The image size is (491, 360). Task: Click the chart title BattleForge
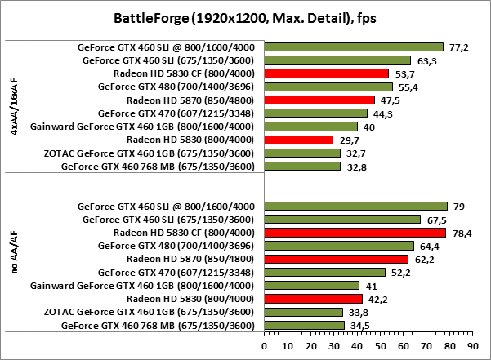pos(245,17)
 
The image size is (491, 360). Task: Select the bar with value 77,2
pos(353,47)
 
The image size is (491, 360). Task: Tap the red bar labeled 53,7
pos(326,73)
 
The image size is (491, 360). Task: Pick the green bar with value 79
pos(355,206)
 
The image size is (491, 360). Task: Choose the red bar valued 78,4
pos(355,233)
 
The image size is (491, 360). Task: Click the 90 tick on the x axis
pos(472,346)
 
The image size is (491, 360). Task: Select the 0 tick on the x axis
pos(264,346)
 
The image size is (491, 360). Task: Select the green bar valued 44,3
pos(315,113)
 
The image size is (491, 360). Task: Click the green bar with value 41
pos(311,286)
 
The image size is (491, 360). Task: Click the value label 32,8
pos(353,167)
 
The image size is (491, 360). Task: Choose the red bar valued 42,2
pos(313,299)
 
